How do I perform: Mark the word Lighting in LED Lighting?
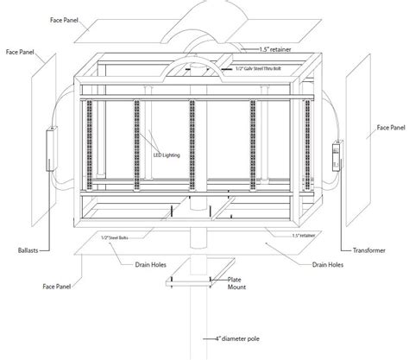click(174, 155)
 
